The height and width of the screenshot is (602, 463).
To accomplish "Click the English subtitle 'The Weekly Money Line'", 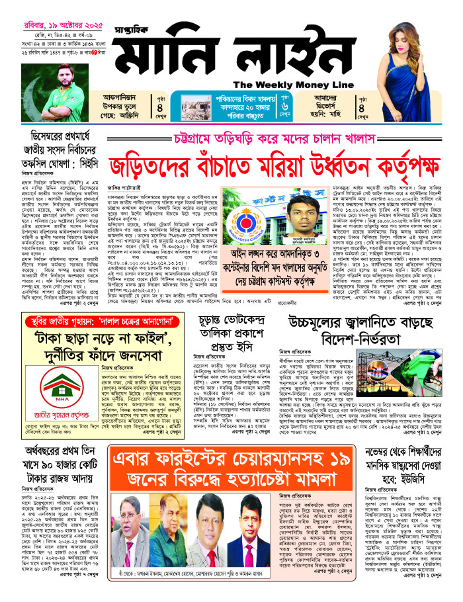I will pyautogui.click(x=289, y=84).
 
